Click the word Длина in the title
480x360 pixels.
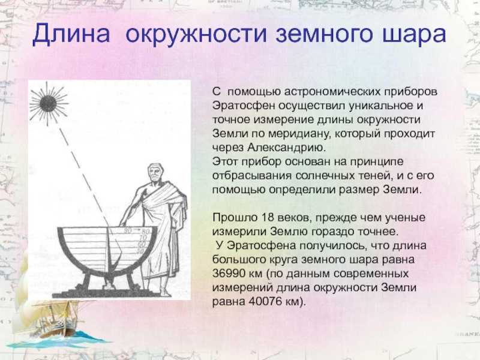point(71,34)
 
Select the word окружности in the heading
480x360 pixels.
point(196,34)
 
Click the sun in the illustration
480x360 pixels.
point(48,103)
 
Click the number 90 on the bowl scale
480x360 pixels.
point(128,230)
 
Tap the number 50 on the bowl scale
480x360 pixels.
point(141,251)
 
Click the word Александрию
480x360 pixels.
point(287,148)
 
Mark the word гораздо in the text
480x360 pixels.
point(334,232)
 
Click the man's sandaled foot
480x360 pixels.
point(166,293)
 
